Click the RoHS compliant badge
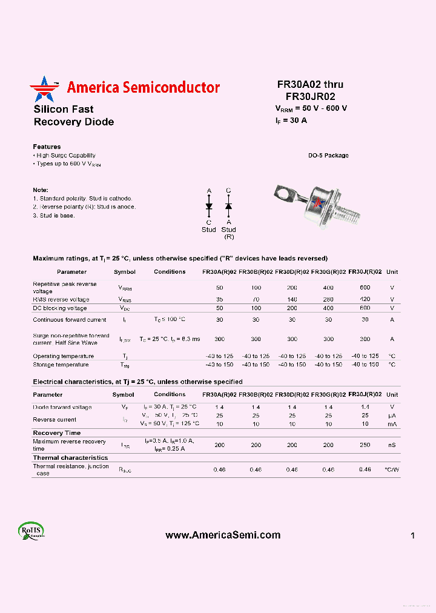point(31,530)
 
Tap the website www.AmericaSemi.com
point(223,535)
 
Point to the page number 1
point(412,535)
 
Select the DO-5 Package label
point(328,156)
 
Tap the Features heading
point(47,147)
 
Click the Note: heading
point(41,190)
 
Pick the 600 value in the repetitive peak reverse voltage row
point(365,288)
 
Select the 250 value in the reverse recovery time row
point(365,445)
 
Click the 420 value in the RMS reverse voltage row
point(365,299)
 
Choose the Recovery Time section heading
point(56,433)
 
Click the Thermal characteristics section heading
point(70,458)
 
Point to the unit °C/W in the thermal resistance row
point(392,470)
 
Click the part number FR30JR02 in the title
point(310,96)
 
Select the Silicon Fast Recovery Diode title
point(73,116)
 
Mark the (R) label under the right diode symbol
point(228,236)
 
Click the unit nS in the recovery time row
point(392,445)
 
